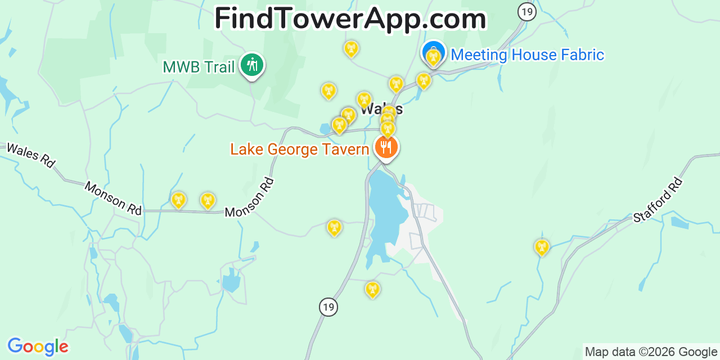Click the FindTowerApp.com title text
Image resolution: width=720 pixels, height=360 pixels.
pyautogui.click(x=350, y=19)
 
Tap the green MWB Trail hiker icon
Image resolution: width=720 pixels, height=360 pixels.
pyautogui.click(x=252, y=65)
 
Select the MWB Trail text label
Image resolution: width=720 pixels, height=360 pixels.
pyautogui.click(x=199, y=67)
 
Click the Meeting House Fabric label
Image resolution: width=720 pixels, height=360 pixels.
pyautogui.click(x=527, y=55)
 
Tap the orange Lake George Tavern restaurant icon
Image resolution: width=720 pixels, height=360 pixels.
pyautogui.click(x=385, y=147)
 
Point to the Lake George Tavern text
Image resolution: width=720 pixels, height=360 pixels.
pyautogui.click(x=299, y=150)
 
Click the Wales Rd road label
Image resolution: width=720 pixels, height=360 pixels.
pyautogui.click(x=30, y=155)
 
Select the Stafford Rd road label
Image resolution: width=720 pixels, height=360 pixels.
pyautogui.click(x=658, y=200)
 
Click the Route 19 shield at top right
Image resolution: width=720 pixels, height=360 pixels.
pyautogui.click(x=526, y=11)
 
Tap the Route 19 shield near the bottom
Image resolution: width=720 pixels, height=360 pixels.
pyautogui.click(x=328, y=307)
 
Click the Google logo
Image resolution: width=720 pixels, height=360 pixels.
pyautogui.click(x=38, y=346)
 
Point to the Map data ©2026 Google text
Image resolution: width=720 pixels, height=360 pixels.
pyautogui.click(x=651, y=352)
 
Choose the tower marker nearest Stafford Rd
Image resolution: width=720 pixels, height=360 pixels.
pyautogui.click(x=541, y=246)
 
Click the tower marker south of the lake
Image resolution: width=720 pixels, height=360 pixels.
pyautogui.click(x=372, y=289)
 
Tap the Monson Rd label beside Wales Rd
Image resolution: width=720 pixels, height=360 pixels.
pyautogui.click(x=112, y=198)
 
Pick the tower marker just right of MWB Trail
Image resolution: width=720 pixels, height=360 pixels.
pyautogui.click(x=328, y=90)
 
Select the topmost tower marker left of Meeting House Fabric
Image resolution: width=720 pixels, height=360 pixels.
pyautogui.click(x=351, y=48)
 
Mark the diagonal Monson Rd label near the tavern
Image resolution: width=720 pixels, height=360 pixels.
pyautogui.click(x=249, y=198)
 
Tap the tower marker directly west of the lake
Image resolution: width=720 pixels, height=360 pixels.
pyautogui.click(x=334, y=227)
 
